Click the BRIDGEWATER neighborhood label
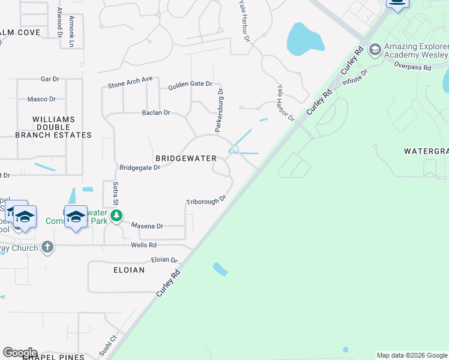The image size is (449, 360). (x=185, y=158)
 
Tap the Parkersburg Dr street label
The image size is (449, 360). (x=220, y=110)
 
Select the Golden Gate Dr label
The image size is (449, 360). (x=190, y=84)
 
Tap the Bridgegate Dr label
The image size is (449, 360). (x=140, y=167)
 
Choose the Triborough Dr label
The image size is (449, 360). (x=206, y=199)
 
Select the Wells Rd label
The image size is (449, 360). (x=143, y=245)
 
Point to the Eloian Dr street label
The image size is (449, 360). (x=164, y=260)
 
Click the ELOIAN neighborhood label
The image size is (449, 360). (x=129, y=270)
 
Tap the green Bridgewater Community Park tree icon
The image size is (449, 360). (x=117, y=215)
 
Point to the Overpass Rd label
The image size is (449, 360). (x=414, y=67)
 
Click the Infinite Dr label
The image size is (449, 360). (x=357, y=75)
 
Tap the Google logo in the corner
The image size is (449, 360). (x=20, y=353)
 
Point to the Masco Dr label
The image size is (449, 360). (x=41, y=99)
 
